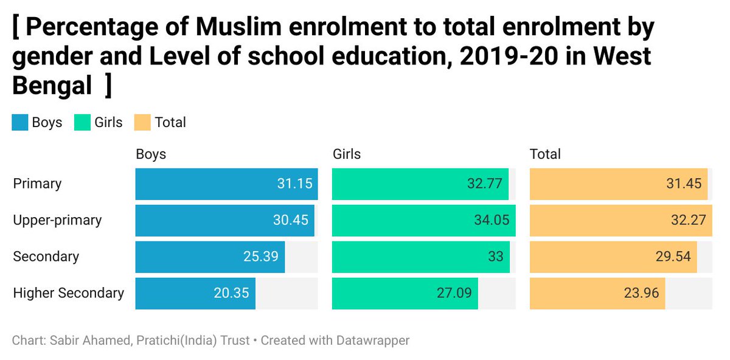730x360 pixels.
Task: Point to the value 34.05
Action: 492,220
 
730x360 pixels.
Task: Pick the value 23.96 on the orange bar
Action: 641,293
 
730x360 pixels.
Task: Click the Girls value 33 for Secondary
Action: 495,257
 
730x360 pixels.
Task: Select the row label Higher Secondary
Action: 68,293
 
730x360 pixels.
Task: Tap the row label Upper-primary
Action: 57,220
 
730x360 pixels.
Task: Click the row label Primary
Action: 37,184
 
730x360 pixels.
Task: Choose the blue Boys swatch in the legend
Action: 19,123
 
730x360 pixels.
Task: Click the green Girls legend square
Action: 82,123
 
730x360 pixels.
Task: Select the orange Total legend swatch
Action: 142,123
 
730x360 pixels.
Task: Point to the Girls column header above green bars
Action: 347,154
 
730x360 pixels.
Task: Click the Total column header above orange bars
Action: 545,154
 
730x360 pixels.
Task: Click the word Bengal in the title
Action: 52,86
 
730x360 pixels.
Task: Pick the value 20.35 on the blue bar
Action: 231,293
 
